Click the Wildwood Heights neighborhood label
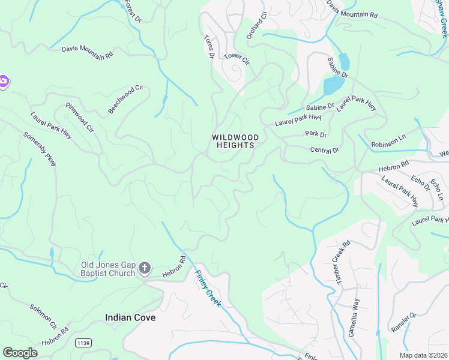[x=235, y=142]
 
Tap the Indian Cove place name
[x=130, y=317]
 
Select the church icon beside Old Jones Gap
[x=144, y=268]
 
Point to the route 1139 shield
[x=83, y=343]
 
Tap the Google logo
[x=20, y=353]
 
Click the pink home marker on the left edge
[x=3, y=82]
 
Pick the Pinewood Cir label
[x=80, y=118]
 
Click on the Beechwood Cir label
[x=126, y=99]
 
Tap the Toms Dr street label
[x=209, y=47]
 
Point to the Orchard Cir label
[x=256, y=25]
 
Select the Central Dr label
[x=325, y=150]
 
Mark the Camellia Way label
[x=354, y=317]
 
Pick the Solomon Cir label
[x=43, y=317]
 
